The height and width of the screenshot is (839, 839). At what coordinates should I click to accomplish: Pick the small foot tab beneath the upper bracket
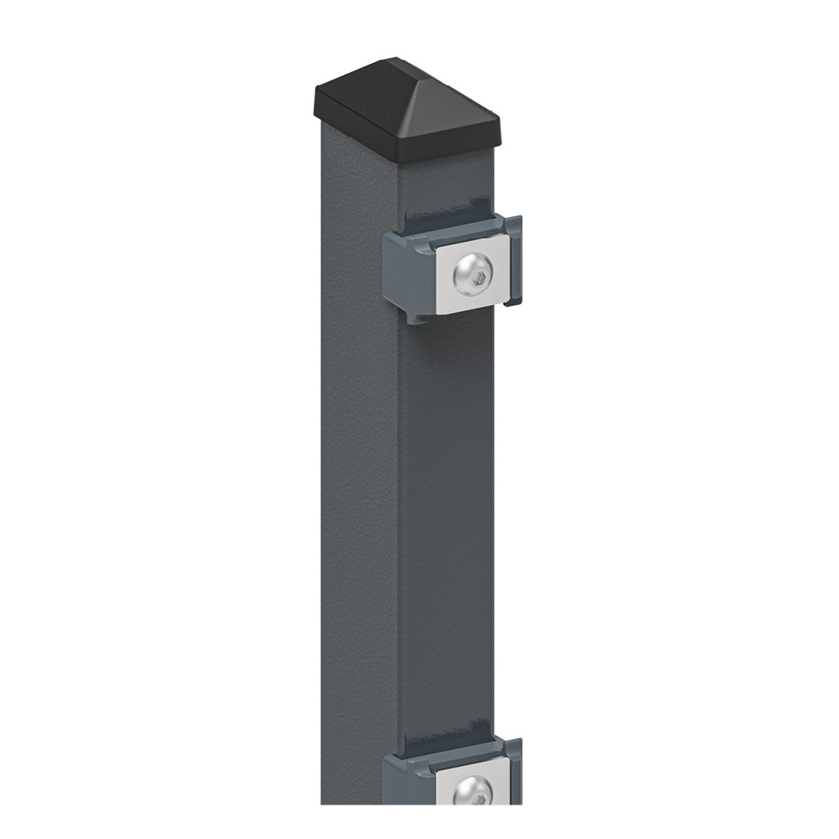pyautogui.click(x=416, y=316)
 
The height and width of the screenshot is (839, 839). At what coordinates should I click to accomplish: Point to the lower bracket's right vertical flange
pyautogui.click(x=514, y=770)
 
